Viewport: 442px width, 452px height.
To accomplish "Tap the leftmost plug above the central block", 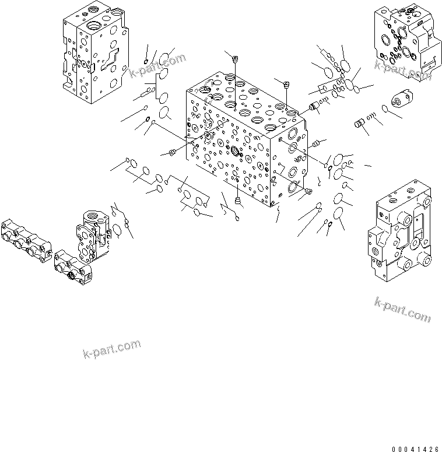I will pos(235,58).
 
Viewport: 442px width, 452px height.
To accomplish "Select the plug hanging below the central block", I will pos(237,201).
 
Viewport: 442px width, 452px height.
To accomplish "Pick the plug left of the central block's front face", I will pos(171,153).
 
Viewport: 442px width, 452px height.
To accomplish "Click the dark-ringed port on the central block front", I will pos(236,152).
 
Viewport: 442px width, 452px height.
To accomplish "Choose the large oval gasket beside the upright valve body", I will pos(117,232).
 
